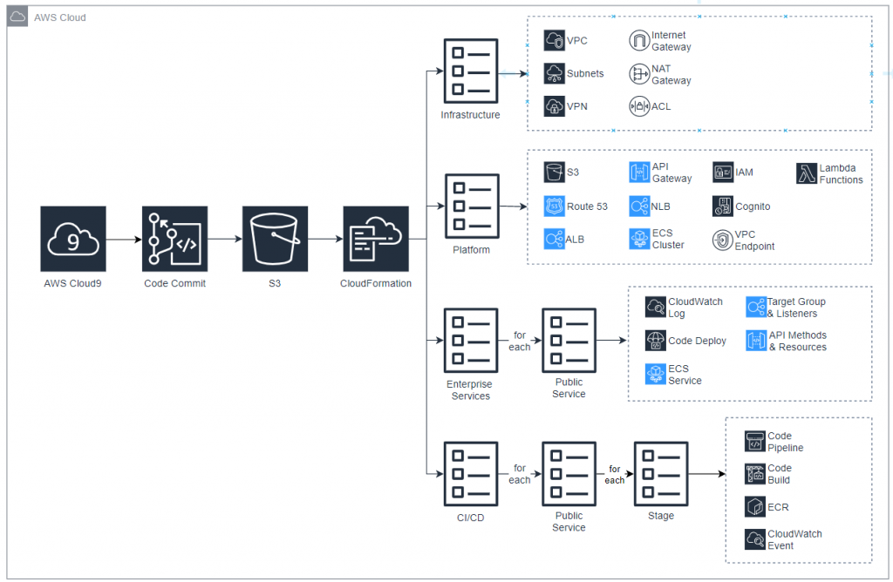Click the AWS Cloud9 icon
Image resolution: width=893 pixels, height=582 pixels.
tap(73, 239)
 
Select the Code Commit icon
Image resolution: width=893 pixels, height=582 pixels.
tap(174, 239)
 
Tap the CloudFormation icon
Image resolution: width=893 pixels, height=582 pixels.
tap(376, 239)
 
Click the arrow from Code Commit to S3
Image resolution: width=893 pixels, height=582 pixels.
tap(225, 239)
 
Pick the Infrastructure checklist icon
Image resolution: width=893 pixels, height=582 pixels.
tap(470, 72)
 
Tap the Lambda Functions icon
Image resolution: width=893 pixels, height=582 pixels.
tap(806, 173)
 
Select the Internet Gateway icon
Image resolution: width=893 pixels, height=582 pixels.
tap(639, 41)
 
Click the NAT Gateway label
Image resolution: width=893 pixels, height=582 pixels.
tap(671, 74)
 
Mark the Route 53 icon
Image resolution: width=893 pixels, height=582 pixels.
tap(554, 206)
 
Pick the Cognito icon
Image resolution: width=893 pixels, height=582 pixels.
tap(723, 206)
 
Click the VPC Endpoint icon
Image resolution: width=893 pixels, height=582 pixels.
tap(723, 240)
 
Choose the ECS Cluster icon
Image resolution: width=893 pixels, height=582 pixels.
tap(639, 240)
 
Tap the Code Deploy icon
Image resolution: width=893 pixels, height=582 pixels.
tap(656, 341)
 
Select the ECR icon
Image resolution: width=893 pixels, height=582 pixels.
tap(754, 507)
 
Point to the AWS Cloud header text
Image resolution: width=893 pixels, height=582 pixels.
tap(59, 17)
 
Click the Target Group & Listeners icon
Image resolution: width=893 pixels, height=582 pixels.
tap(756, 307)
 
